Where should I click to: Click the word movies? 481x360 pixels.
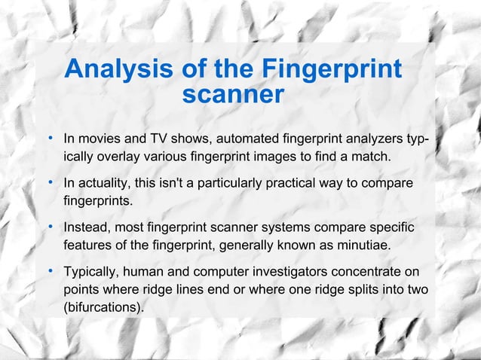(100, 139)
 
